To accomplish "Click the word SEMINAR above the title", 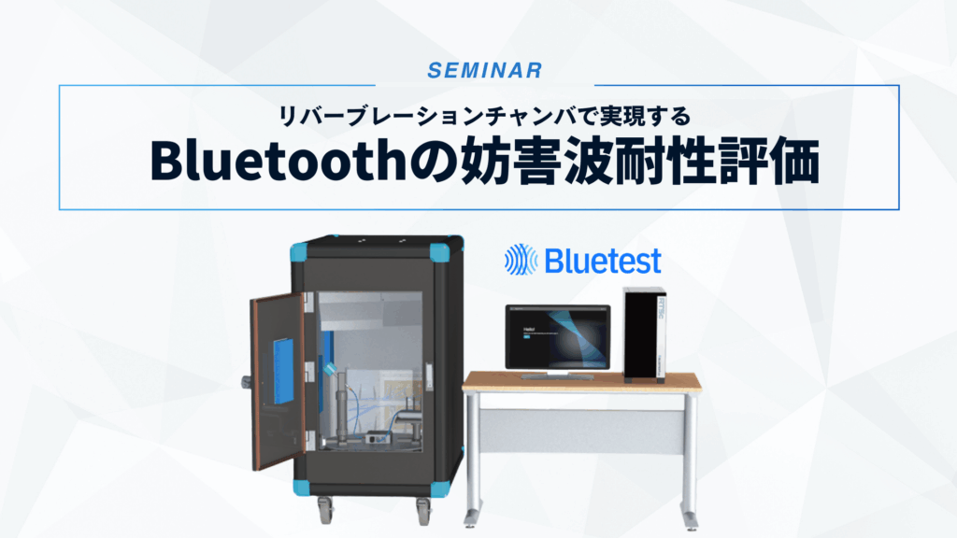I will click(x=478, y=70).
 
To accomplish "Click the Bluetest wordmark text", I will click(x=603, y=261).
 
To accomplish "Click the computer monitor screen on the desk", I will click(x=557, y=337).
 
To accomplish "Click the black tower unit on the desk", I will click(x=643, y=333).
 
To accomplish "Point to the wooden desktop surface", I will click(x=580, y=381).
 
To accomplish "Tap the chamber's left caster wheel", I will click(x=323, y=509).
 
